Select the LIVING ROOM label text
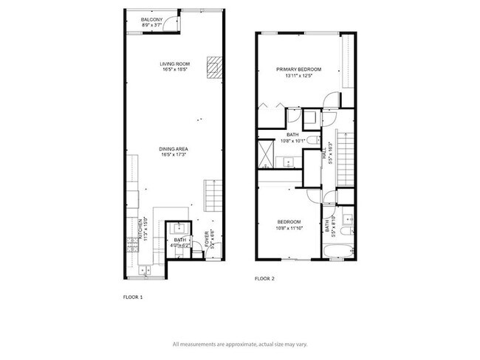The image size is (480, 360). (x=171, y=64)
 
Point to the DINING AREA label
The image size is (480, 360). (x=171, y=150)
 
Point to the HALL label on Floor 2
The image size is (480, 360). (x=323, y=157)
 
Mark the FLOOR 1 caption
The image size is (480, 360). (x=132, y=296)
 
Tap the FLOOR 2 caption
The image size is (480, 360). (x=264, y=279)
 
